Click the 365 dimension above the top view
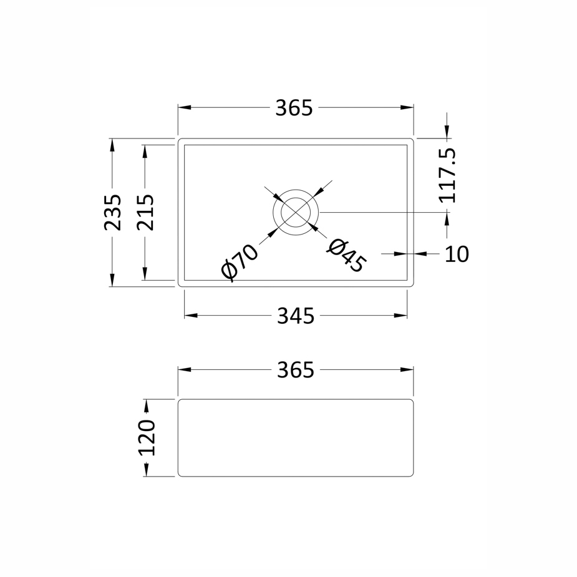coord(294,108)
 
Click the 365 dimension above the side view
coord(296,370)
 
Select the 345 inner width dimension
coord(296,316)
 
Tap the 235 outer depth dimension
coord(113,212)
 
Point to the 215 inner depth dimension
coord(145,212)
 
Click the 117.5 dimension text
coord(447,175)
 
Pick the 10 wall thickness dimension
coord(457,254)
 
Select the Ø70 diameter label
coord(240,263)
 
